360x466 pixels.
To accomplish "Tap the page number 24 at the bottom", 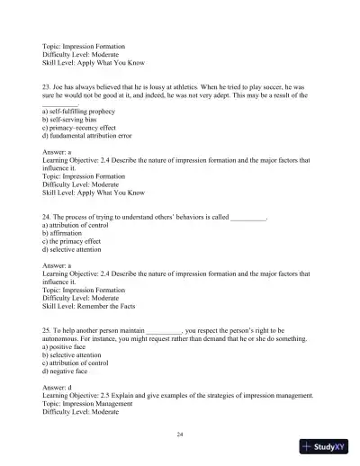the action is click(x=180, y=435).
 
